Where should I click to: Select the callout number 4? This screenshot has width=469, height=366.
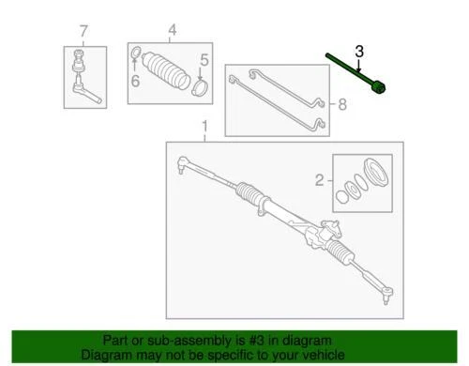tap(172, 32)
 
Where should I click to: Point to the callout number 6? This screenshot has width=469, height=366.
tap(134, 81)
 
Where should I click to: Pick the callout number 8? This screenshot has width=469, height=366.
tap(341, 105)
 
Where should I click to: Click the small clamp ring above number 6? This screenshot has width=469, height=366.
tap(135, 53)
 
